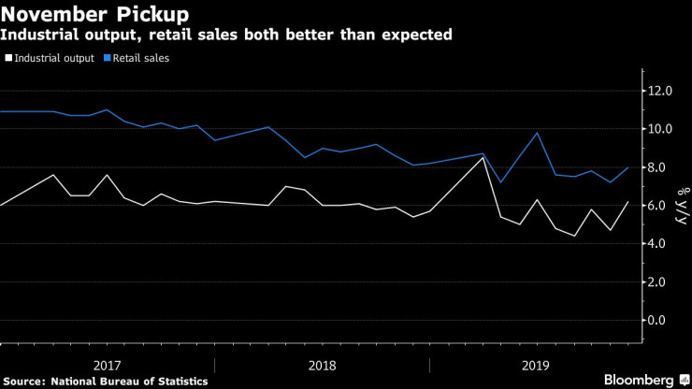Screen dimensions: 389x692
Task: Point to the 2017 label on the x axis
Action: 108,364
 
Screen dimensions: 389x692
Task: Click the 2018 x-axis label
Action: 323,364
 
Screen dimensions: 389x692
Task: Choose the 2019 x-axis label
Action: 537,364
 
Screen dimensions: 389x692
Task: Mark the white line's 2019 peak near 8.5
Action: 483,157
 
